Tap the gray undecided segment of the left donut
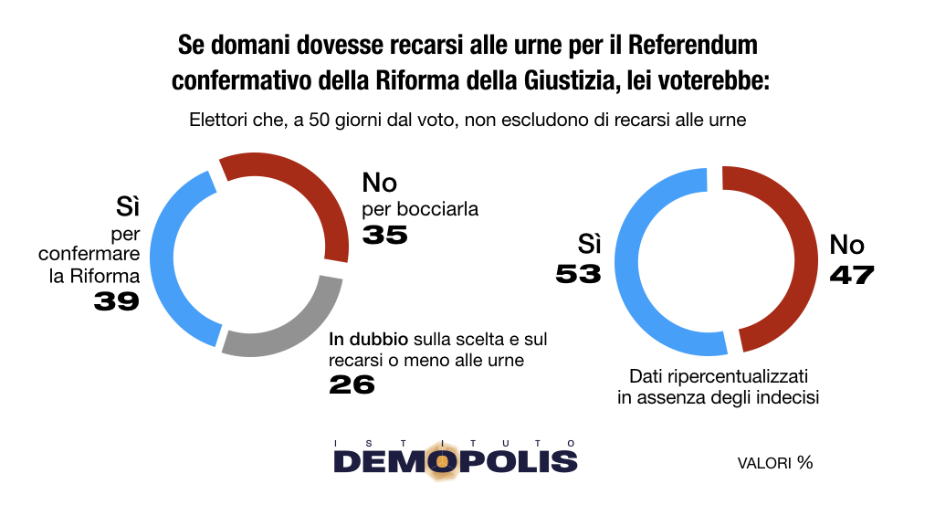(x=292, y=329)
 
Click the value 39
(x=116, y=300)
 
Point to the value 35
(x=384, y=235)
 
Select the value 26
(x=352, y=384)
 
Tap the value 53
(x=579, y=274)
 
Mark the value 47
(x=851, y=274)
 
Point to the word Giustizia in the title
(x=553, y=80)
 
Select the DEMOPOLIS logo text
(x=455, y=460)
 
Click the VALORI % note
(x=774, y=463)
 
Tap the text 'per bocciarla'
(x=420, y=209)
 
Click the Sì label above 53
(x=589, y=245)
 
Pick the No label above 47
(x=846, y=245)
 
